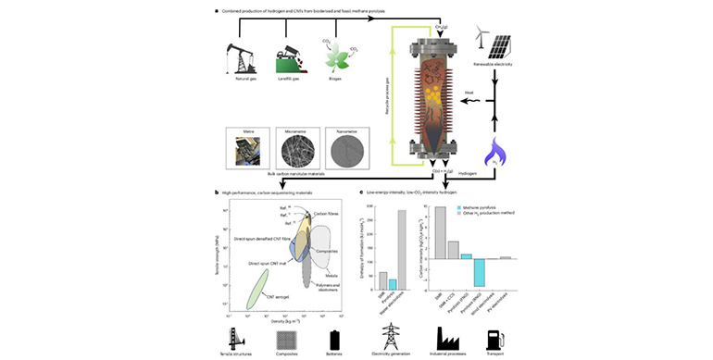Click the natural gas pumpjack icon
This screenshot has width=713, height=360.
(240, 57)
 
